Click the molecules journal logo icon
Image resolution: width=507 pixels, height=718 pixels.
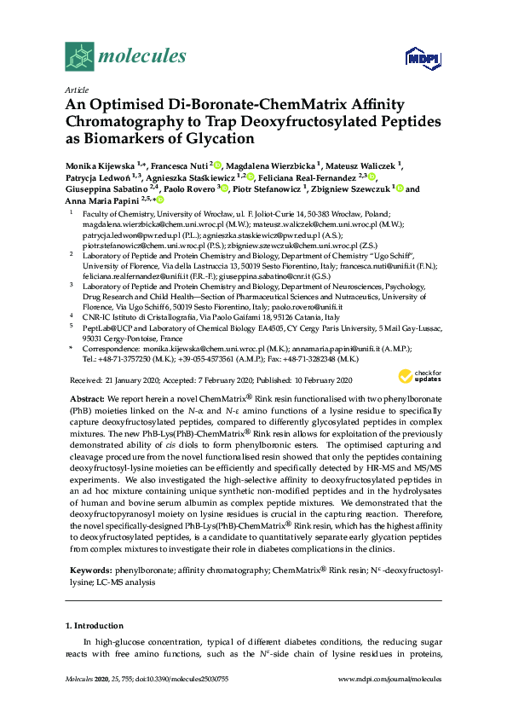click(x=79, y=56)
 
